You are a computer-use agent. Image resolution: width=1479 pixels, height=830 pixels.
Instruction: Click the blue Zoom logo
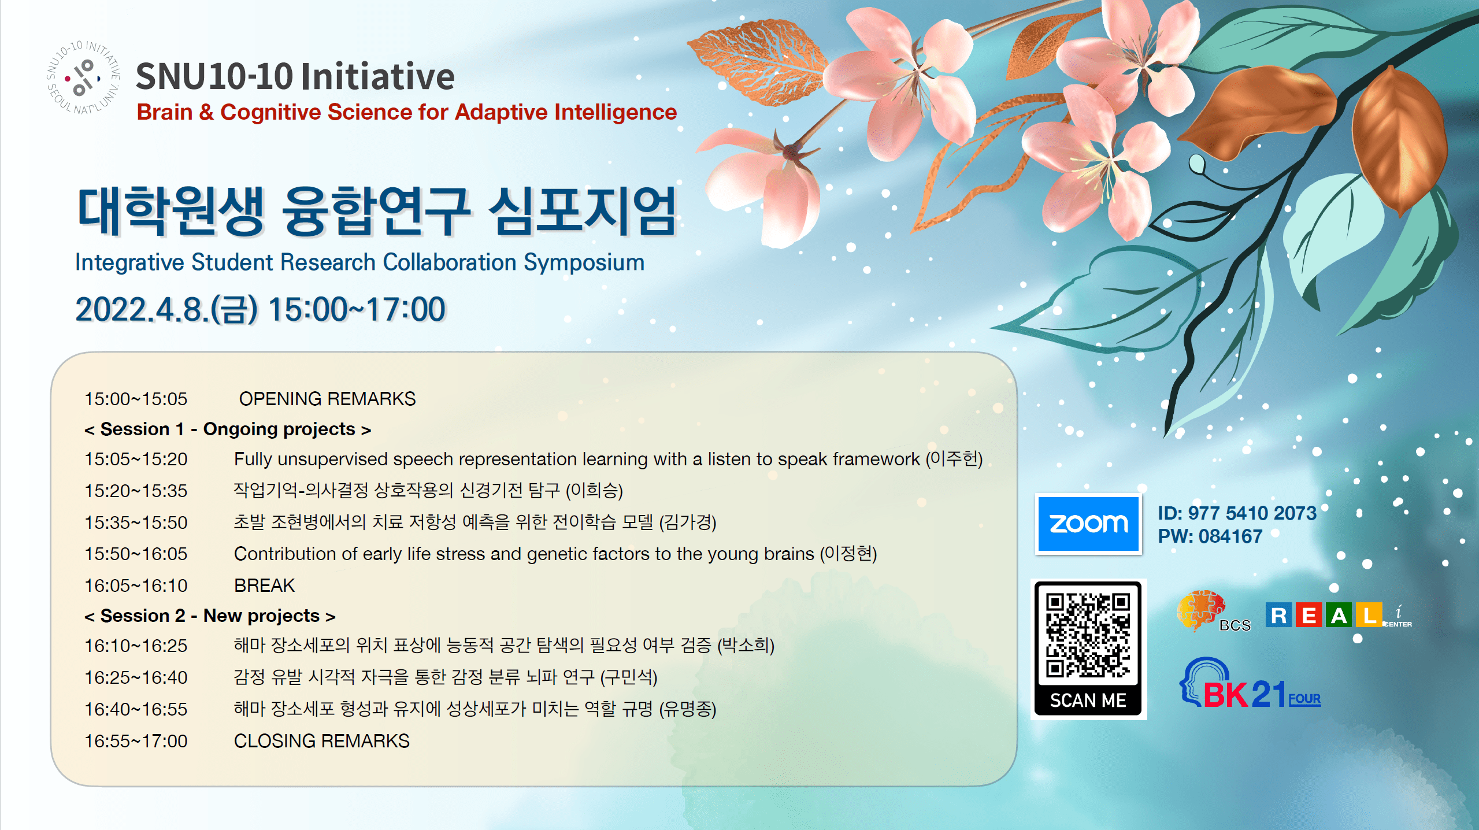pyautogui.click(x=1088, y=524)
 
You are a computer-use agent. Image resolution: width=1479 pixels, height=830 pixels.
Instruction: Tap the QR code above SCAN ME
pyautogui.click(x=1088, y=635)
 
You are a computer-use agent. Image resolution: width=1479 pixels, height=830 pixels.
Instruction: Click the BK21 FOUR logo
pyautogui.click(x=1250, y=684)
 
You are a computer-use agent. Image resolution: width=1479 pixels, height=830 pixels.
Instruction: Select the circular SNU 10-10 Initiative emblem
pyautogui.click(x=83, y=77)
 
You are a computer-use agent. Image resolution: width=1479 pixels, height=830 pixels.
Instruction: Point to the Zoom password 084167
pyautogui.click(x=1230, y=536)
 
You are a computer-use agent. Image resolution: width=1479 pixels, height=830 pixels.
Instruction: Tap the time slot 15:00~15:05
pyautogui.click(x=136, y=399)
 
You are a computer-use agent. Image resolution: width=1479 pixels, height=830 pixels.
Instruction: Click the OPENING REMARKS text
pyautogui.click(x=327, y=399)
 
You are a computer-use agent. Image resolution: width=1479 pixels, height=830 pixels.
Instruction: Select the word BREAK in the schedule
pyautogui.click(x=264, y=586)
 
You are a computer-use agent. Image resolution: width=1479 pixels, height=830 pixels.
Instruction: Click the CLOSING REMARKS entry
pyautogui.click(x=321, y=741)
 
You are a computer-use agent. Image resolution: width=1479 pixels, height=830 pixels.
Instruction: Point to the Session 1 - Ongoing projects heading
pyautogui.click(x=228, y=429)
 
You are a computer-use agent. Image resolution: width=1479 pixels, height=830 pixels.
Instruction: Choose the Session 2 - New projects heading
pyautogui.click(x=210, y=616)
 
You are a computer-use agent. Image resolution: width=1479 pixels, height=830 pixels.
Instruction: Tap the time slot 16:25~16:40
pyautogui.click(x=136, y=677)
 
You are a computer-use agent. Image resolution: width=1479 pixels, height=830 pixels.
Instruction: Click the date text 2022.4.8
pyautogui.click(x=141, y=309)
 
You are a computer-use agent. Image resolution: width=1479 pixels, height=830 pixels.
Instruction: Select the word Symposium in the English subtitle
pyautogui.click(x=584, y=263)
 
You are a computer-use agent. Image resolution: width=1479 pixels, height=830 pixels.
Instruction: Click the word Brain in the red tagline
pyautogui.click(x=165, y=112)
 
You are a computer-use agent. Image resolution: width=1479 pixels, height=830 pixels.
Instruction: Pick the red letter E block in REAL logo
pyautogui.click(x=1309, y=615)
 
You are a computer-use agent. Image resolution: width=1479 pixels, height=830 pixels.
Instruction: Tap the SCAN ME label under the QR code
pyautogui.click(x=1088, y=701)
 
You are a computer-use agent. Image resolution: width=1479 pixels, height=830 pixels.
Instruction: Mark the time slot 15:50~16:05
pyautogui.click(x=136, y=554)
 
